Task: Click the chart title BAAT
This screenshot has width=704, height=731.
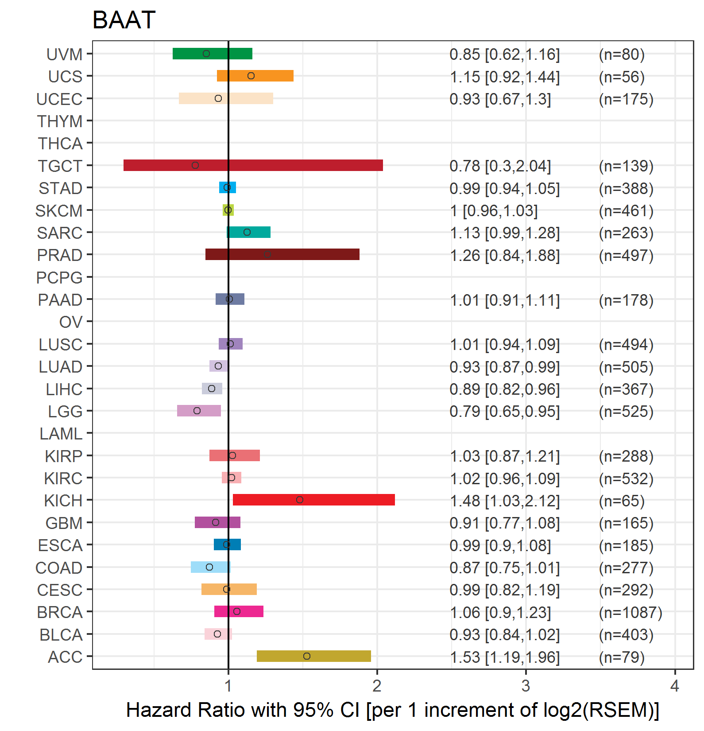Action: pyautogui.click(x=124, y=20)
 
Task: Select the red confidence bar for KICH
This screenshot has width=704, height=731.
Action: pyautogui.click(x=313, y=500)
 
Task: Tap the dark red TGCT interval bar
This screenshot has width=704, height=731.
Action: pyautogui.click(x=253, y=165)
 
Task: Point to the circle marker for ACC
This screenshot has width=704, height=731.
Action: pyautogui.click(x=307, y=656)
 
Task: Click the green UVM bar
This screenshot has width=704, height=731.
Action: pyautogui.click(x=212, y=54)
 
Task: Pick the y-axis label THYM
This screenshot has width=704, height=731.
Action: pyautogui.click(x=60, y=121)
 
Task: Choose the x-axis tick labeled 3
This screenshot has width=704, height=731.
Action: pyautogui.click(x=526, y=686)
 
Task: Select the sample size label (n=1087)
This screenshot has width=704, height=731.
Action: pyautogui.click(x=631, y=612)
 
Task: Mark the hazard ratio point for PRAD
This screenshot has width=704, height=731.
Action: pyautogui.click(x=267, y=254)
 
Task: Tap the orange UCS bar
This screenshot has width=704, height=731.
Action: pyautogui.click(x=255, y=76)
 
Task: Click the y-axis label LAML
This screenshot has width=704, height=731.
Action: pyautogui.click(x=61, y=433)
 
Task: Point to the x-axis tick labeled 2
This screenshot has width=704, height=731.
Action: pyautogui.click(x=377, y=686)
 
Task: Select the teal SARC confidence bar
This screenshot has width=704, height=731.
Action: pyautogui.click(x=248, y=232)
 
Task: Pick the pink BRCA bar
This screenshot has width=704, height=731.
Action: pyautogui.click(x=239, y=611)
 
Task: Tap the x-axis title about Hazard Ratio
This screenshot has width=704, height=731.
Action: pyautogui.click(x=392, y=710)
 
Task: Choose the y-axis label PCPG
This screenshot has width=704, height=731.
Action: pyautogui.click(x=59, y=277)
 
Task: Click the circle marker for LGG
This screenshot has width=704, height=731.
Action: pyautogui.click(x=197, y=411)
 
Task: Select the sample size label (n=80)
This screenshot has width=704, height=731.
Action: pyautogui.click(x=622, y=54)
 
